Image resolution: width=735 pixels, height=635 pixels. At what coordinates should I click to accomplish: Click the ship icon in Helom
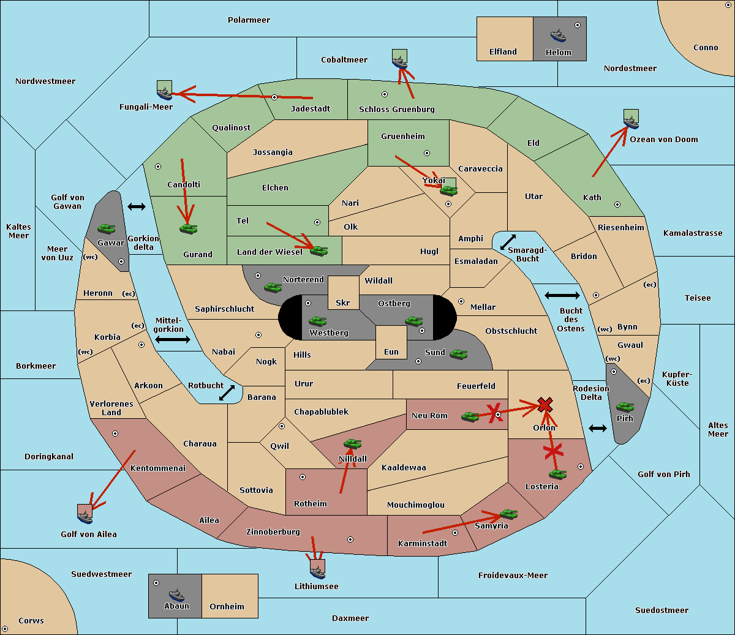pyautogui.click(x=558, y=36)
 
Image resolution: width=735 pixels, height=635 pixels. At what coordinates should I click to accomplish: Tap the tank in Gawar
pyautogui.click(x=107, y=228)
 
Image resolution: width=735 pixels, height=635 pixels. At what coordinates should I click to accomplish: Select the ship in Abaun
pyautogui.click(x=177, y=595)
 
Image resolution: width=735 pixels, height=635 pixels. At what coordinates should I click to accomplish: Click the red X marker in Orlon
pyautogui.click(x=545, y=405)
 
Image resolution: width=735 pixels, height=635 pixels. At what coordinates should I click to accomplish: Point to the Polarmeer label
pyautogui.click(x=249, y=20)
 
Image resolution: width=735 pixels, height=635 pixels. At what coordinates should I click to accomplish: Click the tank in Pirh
pyautogui.click(x=625, y=407)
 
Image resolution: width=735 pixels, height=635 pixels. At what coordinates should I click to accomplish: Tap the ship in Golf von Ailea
pyautogui.click(x=85, y=517)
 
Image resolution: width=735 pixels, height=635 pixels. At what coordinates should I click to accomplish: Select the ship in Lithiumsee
pyautogui.click(x=317, y=572)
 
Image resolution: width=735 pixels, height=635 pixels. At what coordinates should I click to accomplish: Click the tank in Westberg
pyautogui.click(x=317, y=321)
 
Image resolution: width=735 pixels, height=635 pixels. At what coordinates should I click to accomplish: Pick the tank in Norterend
pyautogui.click(x=273, y=287)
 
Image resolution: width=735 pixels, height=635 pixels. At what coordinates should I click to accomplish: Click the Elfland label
pyautogui.click(x=503, y=52)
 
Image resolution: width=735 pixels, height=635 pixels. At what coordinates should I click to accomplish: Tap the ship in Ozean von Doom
pyautogui.click(x=631, y=122)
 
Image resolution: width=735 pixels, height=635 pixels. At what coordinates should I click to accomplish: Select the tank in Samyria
pyautogui.click(x=508, y=514)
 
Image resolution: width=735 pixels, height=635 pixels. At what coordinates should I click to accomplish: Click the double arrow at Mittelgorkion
pyautogui.click(x=173, y=339)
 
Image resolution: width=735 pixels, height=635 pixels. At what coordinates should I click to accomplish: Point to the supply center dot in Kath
pyautogui.click(x=617, y=205)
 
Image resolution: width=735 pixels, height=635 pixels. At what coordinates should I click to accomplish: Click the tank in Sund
pyautogui.click(x=458, y=354)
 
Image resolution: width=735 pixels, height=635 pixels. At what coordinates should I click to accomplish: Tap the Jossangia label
pyautogui.click(x=273, y=152)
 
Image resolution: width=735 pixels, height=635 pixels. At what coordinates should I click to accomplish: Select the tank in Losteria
pyautogui.click(x=557, y=474)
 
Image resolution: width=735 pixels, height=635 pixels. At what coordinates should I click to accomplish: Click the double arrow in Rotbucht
pyautogui.click(x=227, y=393)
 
